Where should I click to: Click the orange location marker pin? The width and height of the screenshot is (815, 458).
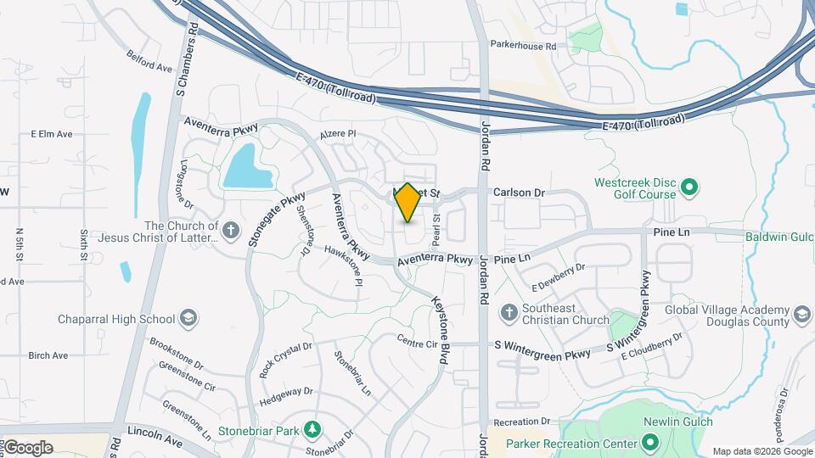click(x=408, y=203)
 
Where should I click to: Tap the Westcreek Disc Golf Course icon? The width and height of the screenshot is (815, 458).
click(x=689, y=186)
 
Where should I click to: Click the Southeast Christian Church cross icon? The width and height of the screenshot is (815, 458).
click(x=509, y=311)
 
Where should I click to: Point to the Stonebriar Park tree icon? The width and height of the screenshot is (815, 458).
click(x=312, y=430)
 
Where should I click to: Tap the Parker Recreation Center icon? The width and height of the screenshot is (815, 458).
click(x=649, y=443)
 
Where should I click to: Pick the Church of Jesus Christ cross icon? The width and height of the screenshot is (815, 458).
click(x=230, y=230)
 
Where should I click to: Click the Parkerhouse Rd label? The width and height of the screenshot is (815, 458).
click(x=523, y=46)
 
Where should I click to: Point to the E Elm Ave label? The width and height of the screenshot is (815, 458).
click(x=52, y=134)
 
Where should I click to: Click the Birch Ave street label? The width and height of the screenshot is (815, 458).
click(x=48, y=355)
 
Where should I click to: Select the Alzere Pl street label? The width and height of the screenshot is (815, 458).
click(x=338, y=134)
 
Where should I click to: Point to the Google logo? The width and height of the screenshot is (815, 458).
click(x=28, y=447)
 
